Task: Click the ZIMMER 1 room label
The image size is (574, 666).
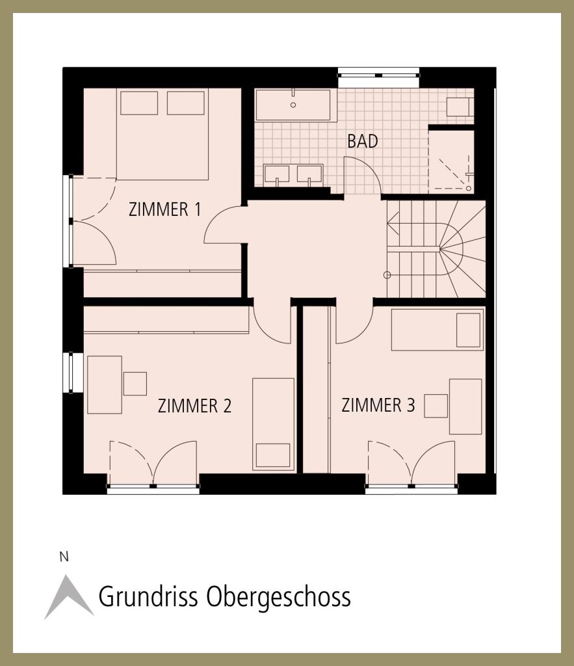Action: click(164, 209)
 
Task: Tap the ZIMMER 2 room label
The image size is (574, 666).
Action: click(194, 406)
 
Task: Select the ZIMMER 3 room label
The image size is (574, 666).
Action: click(378, 405)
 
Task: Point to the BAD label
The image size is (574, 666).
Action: click(363, 141)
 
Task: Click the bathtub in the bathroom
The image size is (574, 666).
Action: click(293, 105)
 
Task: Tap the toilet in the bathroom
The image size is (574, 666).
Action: click(460, 107)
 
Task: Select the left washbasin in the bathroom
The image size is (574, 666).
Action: click(276, 175)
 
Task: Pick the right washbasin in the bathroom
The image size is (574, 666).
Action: click(309, 175)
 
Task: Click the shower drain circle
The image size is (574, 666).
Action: click(468, 188)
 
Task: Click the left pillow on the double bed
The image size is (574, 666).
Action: click(139, 103)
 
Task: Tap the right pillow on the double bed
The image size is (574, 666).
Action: click(185, 103)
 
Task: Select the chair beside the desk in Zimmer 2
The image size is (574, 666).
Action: click(135, 384)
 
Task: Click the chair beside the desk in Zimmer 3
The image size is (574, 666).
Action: click(436, 406)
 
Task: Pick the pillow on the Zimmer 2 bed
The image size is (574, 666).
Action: click(273, 455)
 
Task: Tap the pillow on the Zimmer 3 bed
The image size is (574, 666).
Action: click(468, 330)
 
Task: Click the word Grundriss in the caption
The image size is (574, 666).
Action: click(148, 597)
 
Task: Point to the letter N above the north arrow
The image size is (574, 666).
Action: click(64, 557)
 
